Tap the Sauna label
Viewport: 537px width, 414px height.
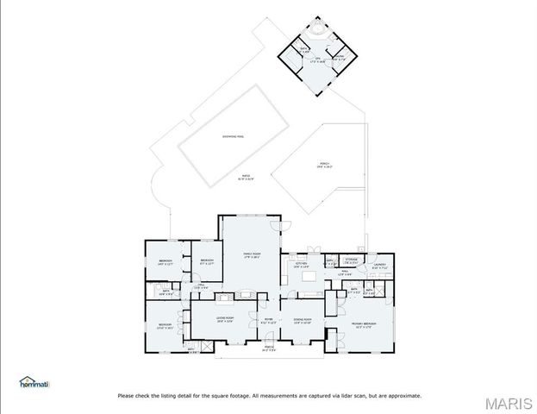click(303, 50)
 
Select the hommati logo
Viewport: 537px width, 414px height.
click(34, 383)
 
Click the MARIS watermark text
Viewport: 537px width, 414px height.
click(509, 402)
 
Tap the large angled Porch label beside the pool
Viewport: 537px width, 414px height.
click(325, 165)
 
